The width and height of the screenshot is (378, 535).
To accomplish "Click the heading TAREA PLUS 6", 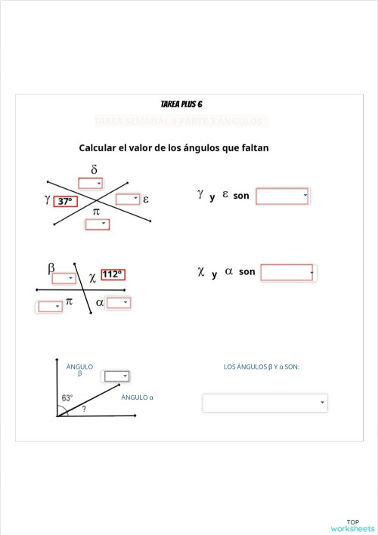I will pyautogui.click(x=181, y=104).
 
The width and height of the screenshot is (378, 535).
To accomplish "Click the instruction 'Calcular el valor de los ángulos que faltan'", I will pyautogui.click(x=174, y=147).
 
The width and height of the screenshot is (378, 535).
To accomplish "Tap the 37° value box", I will pyautogui.click(x=66, y=202).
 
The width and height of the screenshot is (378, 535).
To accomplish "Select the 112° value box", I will pyautogui.click(x=112, y=274).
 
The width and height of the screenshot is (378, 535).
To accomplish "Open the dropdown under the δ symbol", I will pyautogui.click(x=90, y=183).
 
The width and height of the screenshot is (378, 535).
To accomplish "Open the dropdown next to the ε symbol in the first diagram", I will pyautogui.click(x=128, y=199).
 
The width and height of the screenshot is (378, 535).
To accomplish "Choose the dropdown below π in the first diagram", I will pyautogui.click(x=97, y=224).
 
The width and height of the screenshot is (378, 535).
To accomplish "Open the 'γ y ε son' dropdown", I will pyautogui.click(x=283, y=196).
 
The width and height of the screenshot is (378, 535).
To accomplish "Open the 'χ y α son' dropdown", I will pyautogui.click(x=287, y=272).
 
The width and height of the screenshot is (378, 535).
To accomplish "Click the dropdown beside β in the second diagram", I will pyautogui.click(x=64, y=278).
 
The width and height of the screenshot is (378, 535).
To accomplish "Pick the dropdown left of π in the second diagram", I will pyautogui.click(x=50, y=306).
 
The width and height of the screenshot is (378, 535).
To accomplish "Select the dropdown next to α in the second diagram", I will pyautogui.click(x=118, y=303).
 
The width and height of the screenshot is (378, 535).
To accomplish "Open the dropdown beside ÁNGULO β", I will pyautogui.click(x=116, y=376).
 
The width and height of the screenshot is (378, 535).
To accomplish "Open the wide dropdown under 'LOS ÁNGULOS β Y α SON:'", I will pyautogui.click(x=265, y=403).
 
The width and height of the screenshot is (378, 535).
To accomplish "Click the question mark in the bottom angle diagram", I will pyautogui.click(x=84, y=408).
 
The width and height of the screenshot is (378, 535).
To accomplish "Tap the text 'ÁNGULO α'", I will pyautogui.click(x=138, y=397).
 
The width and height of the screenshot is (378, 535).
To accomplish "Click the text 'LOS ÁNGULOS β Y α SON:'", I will pyautogui.click(x=262, y=366).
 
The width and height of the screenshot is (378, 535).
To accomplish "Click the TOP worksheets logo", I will pyautogui.click(x=352, y=525).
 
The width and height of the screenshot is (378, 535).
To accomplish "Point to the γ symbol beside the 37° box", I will pyautogui.click(x=48, y=199).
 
